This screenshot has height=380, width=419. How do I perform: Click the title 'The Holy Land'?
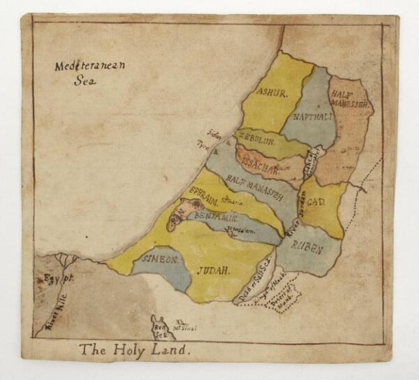(x=134, y=349)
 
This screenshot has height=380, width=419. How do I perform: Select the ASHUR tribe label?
(x=272, y=92)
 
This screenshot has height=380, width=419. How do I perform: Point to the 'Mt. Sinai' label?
(x=186, y=324)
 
